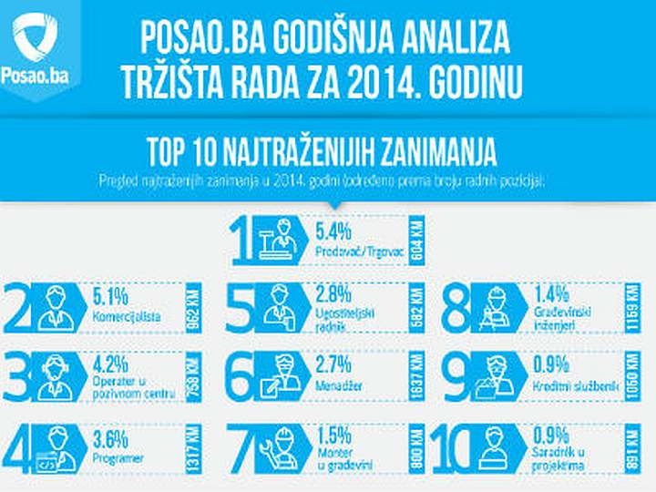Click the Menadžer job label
(x=339, y=386)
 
